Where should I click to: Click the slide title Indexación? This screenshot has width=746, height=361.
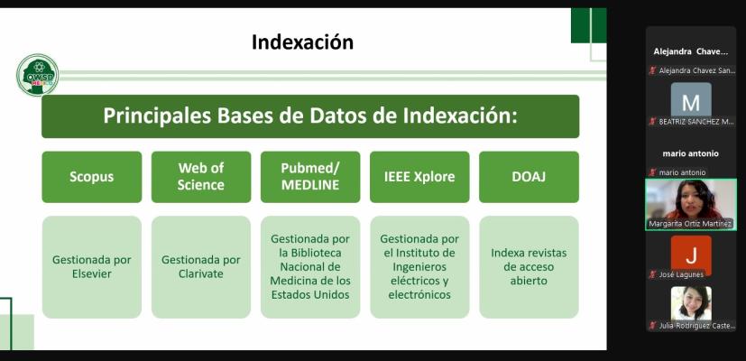point(302,42)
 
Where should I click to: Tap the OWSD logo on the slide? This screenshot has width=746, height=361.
point(37,75)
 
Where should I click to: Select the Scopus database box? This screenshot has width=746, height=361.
point(92,177)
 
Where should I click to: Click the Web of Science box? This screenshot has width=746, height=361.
point(201,177)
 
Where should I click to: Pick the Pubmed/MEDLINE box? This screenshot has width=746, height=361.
point(310,177)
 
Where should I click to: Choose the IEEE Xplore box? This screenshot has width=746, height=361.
point(419,177)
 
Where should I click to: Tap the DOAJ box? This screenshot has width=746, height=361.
point(529,177)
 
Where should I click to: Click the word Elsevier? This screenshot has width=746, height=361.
point(92,273)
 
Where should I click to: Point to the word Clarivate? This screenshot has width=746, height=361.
point(201,273)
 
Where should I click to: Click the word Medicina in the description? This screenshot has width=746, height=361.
point(290,281)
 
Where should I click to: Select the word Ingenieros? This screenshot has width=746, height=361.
point(419,267)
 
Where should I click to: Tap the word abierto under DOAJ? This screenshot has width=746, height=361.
point(529,281)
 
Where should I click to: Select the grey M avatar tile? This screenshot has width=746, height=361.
point(691,101)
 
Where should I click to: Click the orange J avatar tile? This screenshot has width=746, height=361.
point(691,255)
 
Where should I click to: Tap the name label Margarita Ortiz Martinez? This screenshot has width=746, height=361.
point(690,224)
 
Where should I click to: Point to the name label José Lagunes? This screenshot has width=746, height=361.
point(681,274)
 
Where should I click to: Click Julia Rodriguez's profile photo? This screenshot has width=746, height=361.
point(691,303)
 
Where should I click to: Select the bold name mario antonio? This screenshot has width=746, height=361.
point(691,153)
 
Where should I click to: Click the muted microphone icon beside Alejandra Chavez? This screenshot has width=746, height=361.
point(653,70)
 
